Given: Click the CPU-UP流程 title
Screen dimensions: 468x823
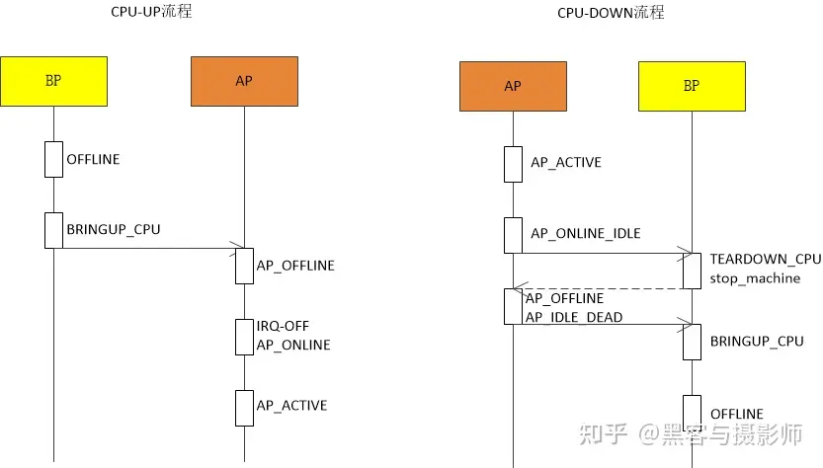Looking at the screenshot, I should click(150, 13).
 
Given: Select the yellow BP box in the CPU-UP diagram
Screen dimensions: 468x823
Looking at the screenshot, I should click(53, 81).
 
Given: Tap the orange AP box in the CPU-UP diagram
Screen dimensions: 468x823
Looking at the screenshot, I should click(244, 81).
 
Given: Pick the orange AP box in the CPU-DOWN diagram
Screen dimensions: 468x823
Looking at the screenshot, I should click(513, 86).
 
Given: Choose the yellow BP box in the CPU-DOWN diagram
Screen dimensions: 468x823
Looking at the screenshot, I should click(692, 86).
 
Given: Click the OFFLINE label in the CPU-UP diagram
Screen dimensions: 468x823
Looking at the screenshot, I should click(93, 159).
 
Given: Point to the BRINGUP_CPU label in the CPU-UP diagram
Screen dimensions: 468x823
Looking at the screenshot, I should click(113, 229).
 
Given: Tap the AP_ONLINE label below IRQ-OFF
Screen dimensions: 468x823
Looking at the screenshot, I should click(293, 345).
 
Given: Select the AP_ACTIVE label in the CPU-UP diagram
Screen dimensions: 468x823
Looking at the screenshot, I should click(291, 405).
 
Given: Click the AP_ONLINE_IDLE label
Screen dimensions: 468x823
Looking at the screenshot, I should click(586, 234).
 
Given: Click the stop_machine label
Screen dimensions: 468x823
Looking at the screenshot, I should click(755, 277).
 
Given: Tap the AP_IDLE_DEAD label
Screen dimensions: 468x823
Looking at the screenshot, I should click(574, 316).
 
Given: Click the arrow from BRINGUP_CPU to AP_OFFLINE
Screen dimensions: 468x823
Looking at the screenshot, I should click(148, 249).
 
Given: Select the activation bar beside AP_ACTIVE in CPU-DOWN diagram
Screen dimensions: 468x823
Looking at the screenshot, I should click(513, 164).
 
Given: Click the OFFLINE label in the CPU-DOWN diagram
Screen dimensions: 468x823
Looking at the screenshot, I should click(737, 413).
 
